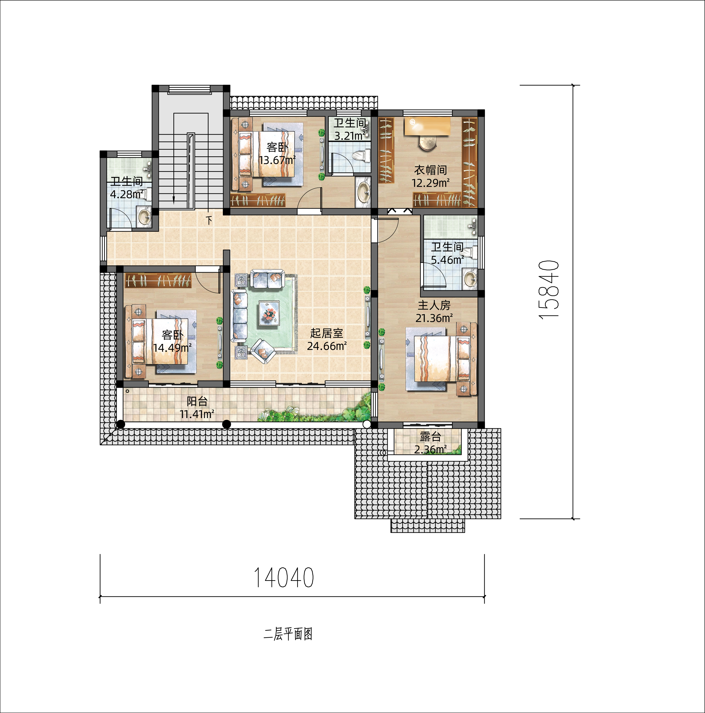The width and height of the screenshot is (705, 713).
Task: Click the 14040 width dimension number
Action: click(284, 578)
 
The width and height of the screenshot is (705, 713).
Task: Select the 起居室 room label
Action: click(327, 333)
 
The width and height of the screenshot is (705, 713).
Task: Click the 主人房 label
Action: click(434, 305)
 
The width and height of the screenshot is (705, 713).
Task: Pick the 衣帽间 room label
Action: click(430, 170)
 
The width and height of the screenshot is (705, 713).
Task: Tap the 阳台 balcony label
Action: click(197, 401)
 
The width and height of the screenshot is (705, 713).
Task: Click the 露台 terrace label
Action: click(430, 437)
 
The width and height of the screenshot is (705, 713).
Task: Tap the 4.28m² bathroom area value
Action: click(127, 194)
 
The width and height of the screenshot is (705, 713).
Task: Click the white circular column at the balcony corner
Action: click(367, 425)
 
